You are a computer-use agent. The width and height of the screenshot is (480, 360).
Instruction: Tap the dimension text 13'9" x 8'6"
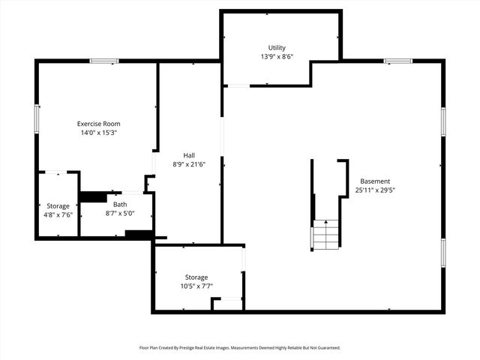pos(277,57)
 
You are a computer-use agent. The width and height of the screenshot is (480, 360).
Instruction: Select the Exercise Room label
pos(99,124)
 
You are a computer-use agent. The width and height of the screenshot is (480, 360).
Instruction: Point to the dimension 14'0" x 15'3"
pos(99,133)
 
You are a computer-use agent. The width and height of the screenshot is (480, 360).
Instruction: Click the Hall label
pos(189,155)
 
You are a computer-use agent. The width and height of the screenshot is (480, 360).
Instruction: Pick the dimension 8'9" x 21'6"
pos(189,164)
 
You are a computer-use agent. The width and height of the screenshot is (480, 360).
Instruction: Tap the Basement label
pos(375,181)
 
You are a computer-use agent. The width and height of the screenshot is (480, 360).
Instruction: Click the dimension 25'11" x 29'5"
pos(375,190)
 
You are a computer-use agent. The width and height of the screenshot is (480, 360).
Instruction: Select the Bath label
pos(120,204)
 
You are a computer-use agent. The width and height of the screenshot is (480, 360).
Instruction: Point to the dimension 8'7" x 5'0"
pos(120,213)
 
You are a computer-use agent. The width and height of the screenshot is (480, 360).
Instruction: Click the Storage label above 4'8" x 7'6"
pos(58,205)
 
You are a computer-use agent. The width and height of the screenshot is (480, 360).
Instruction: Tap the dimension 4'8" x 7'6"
pos(58,214)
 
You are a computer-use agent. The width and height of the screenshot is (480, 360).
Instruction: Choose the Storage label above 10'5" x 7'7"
pos(196,277)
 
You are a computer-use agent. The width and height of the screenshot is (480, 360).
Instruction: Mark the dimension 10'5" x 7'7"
pos(196,286)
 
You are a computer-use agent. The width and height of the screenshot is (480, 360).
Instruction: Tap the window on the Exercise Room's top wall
pos(104,61)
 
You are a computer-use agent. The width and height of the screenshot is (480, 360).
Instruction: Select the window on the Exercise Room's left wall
pos(37,118)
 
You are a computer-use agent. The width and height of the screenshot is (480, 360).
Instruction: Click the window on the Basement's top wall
pos(397,61)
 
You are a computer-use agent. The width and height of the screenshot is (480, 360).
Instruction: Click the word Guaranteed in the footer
pos(325,348)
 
